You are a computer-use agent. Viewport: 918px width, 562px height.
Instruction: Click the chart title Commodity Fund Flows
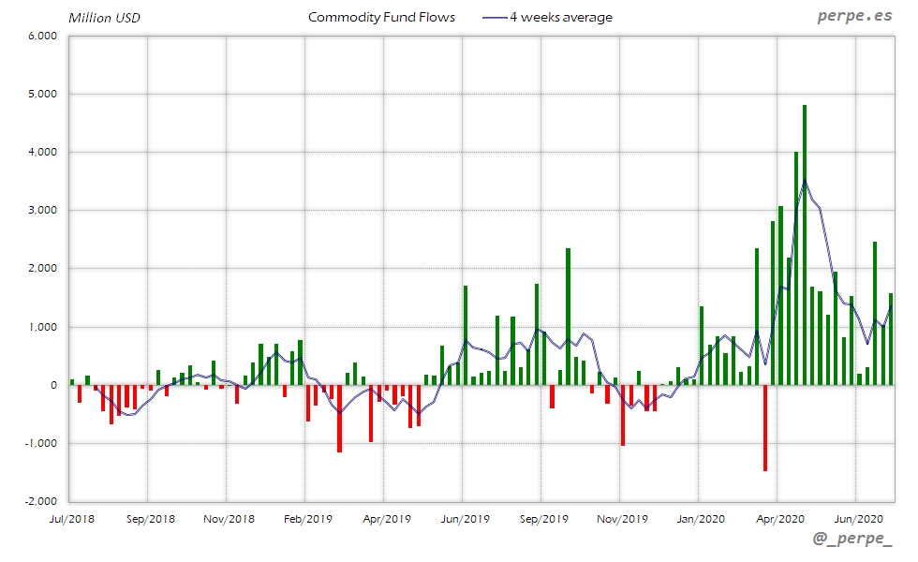click(x=381, y=18)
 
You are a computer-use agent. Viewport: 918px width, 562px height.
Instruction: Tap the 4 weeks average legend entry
click(x=548, y=18)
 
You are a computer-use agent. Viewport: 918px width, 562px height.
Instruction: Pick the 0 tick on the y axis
click(x=54, y=385)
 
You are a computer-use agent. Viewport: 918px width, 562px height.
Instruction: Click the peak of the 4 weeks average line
click(x=805, y=181)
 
